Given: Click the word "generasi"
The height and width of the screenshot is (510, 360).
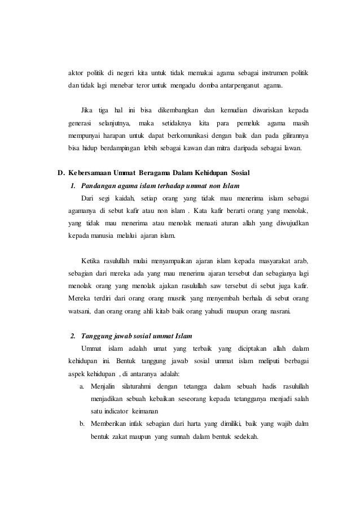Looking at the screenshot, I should coord(80,122).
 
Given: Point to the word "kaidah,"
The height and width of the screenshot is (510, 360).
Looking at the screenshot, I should coord(130,198).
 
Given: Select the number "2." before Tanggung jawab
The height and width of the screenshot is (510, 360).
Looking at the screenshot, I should coord(72,337).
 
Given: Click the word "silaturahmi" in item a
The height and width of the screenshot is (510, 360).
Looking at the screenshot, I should coord(133,386).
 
